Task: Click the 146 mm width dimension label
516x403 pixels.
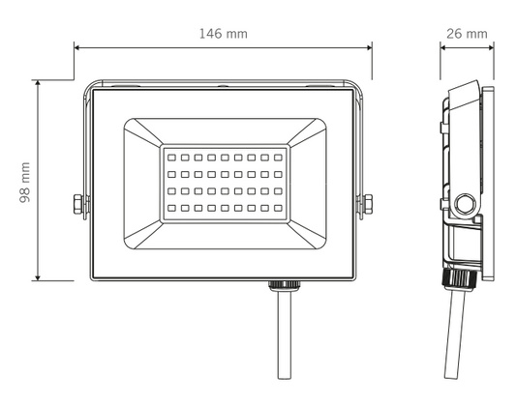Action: (223, 34)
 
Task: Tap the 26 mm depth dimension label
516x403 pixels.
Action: (467, 34)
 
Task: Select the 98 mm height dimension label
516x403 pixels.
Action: (25, 183)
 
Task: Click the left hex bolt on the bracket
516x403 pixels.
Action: (77, 204)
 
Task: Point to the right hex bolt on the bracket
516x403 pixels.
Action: (368, 204)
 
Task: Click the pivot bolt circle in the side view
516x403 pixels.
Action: (465, 204)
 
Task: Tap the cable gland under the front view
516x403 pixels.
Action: (284, 286)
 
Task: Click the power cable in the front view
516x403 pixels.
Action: (285, 335)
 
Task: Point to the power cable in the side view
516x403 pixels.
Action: (455, 334)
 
